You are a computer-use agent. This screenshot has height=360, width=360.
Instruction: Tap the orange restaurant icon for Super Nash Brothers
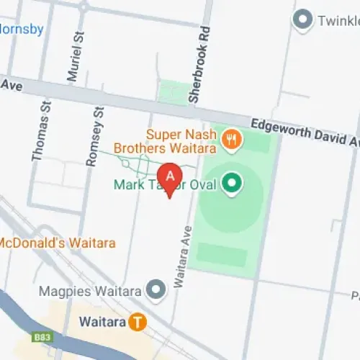[231, 139]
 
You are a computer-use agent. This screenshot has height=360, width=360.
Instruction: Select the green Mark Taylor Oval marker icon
[231, 185]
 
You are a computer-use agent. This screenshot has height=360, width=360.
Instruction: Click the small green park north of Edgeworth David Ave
[174, 92]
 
